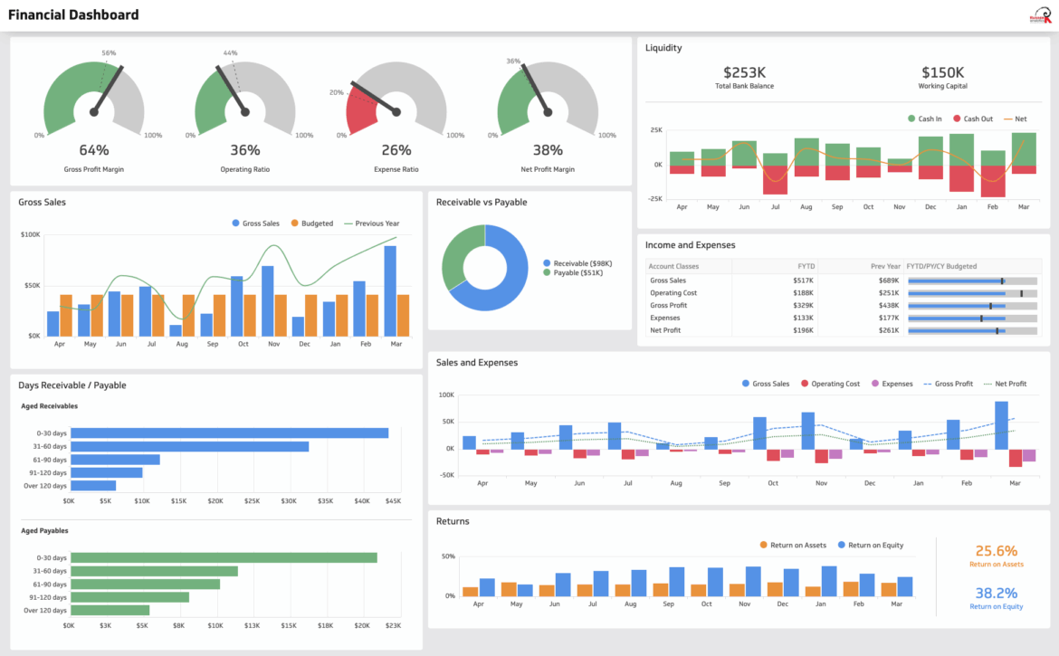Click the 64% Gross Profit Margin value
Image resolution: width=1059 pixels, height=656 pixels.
click(x=94, y=150)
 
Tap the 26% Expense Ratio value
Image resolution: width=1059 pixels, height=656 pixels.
click(x=396, y=150)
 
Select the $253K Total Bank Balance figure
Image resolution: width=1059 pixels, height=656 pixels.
click(x=744, y=72)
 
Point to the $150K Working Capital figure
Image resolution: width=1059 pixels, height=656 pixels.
click(x=942, y=72)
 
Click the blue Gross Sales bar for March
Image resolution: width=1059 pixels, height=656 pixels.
click(x=390, y=290)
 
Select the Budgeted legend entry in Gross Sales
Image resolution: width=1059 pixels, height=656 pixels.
click(x=311, y=223)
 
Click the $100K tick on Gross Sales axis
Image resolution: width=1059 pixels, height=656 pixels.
click(x=31, y=235)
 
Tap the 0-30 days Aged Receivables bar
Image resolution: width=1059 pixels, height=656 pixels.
click(x=229, y=433)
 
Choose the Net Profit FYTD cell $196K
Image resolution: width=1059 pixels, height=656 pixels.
click(x=802, y=330)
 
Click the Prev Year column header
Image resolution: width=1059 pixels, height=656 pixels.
click(x=885, y=267)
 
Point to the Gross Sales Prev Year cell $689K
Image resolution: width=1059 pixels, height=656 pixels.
click(x=888, y=280)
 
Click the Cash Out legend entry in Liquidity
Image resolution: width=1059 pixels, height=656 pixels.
click(x=972, y=119)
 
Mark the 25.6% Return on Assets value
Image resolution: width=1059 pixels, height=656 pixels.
click(x=996, y=551)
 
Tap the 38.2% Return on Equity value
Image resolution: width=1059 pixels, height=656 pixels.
click(x=996, y=594)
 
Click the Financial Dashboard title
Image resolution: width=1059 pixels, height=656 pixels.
click(x=73, y=14)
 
